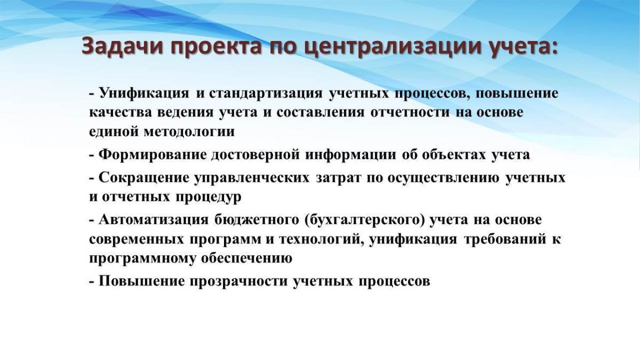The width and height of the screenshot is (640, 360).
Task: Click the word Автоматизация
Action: click(154, 220)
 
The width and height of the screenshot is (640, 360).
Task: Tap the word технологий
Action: click(320, 239)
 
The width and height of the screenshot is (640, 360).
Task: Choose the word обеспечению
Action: click(247, 259)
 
